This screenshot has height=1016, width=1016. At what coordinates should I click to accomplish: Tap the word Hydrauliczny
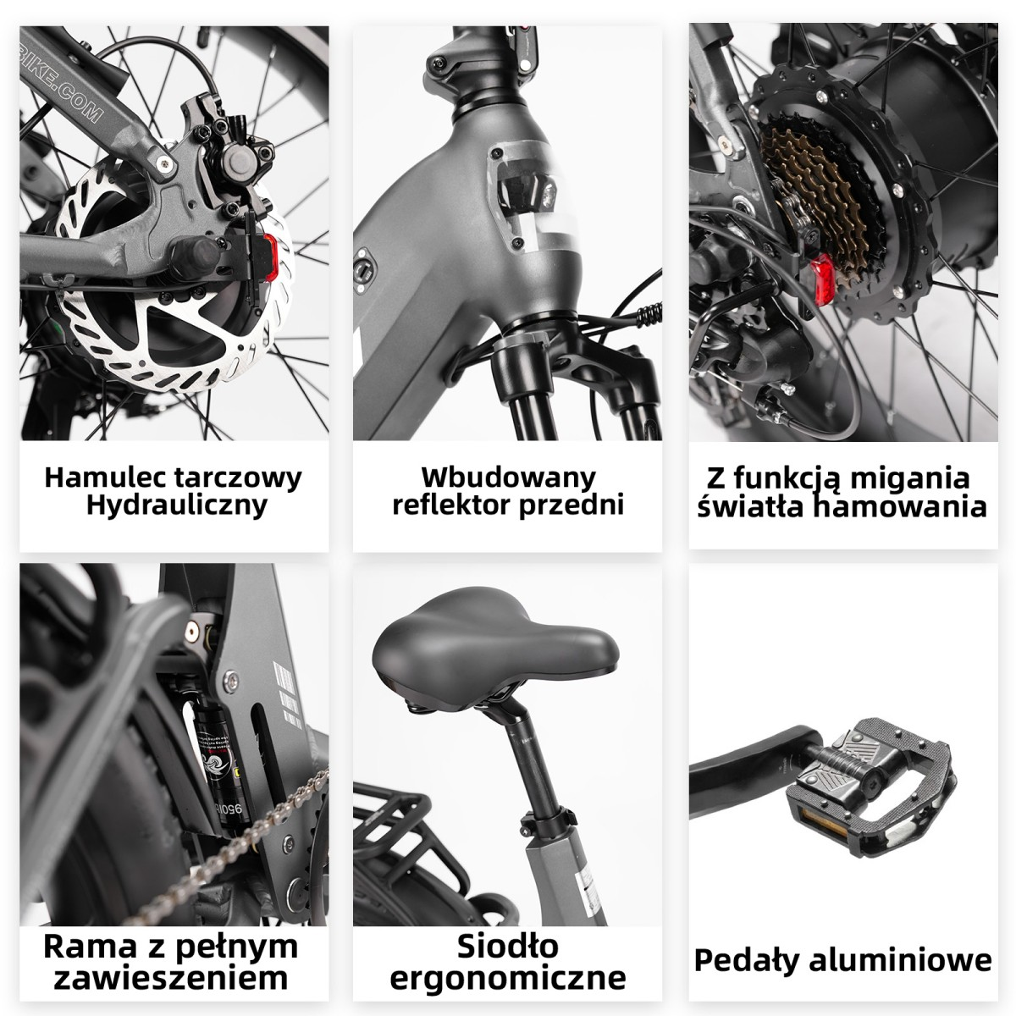coord(177,506)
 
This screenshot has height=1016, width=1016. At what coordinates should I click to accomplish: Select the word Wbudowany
coord(508,478)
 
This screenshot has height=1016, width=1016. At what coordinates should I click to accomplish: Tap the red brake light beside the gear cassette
coord(822,281)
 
